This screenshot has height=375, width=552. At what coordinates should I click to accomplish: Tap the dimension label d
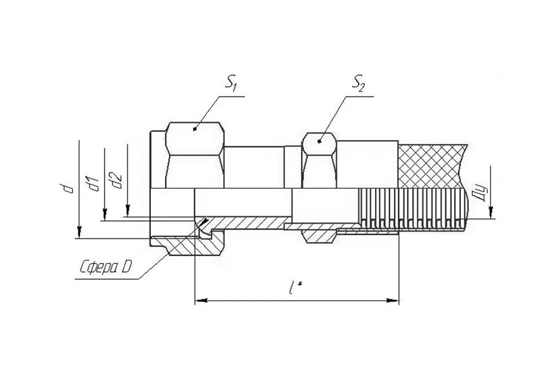(x=69, y=189)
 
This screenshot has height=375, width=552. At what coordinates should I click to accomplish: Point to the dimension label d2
(x=116, y=180)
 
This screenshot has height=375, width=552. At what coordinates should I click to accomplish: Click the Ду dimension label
(x=482, y=194)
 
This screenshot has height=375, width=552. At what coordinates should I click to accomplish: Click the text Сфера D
(x=105, y=268)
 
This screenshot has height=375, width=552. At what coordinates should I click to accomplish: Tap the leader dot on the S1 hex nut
(x=195, y=129)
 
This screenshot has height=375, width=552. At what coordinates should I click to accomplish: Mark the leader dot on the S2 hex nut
(x=319, y=141)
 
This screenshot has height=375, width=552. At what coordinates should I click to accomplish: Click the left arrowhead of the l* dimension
(x=201, y=301)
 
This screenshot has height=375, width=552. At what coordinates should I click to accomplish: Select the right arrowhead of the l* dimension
(x=393, y=301)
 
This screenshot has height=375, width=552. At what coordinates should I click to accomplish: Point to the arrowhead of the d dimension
(x=79, y=232)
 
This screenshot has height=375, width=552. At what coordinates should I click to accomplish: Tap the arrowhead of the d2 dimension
(x=128, y=210)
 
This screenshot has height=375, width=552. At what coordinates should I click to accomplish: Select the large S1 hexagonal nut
(x=195, y=155)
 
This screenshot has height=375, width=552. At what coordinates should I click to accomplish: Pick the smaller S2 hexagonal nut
(x=319, y=160)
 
